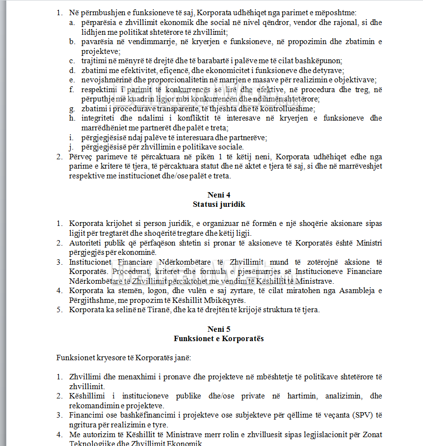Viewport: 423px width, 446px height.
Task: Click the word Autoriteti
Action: tap(86, 243)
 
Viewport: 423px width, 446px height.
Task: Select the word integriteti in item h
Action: tap(98, 119)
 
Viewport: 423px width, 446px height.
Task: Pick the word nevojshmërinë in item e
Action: tap(105, 80)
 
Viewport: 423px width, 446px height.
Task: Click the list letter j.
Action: tap(72, 147)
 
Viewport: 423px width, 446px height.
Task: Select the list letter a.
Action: tap(72, 23)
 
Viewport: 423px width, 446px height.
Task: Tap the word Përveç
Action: tap(81, 157)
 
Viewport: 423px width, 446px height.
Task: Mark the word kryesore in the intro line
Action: tap(109, 357)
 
